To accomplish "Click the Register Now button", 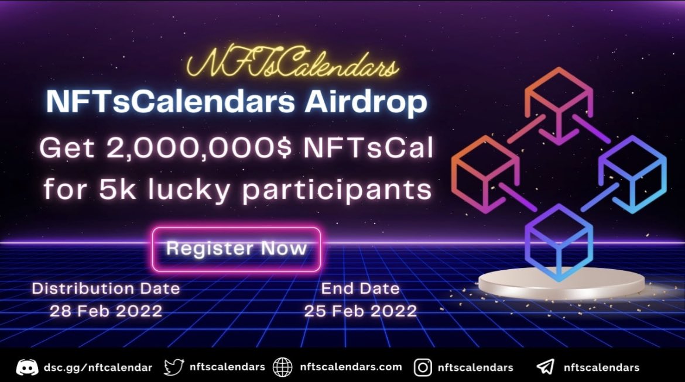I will click(236, 249).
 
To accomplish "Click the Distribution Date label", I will click(105, 288).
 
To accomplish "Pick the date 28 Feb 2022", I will click(105, 311).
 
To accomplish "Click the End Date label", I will click(360, 288).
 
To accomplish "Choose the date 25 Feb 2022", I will click(360, 311).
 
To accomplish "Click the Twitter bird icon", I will click(174, 367).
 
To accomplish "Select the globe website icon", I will click(283, 367).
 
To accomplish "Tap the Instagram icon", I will click(423, 367).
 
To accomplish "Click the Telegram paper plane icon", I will click(545, 367).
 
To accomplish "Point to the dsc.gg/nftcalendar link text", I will click(98, 367).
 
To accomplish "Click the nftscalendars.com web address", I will click(350, 367).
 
